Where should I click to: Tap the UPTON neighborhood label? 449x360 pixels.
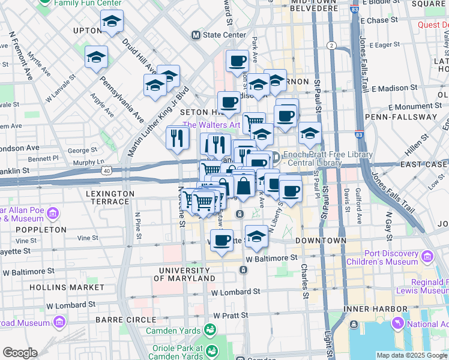click(86, 31)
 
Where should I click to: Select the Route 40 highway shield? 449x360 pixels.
click(107, 171)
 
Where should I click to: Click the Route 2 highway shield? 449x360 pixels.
click(330, 45)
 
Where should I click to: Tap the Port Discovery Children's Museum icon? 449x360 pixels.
click(427, 257)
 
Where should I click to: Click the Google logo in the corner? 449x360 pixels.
click(19, 353)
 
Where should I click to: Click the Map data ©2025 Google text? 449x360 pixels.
click(411, 355)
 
